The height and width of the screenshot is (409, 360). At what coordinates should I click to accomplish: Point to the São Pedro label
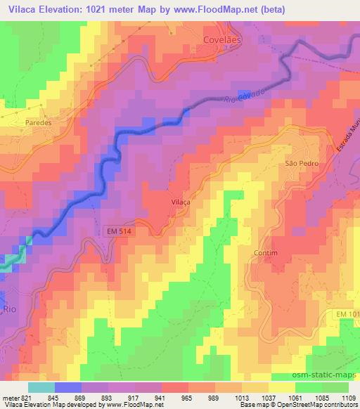302,162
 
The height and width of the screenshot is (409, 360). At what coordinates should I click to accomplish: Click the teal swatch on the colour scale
41,387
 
